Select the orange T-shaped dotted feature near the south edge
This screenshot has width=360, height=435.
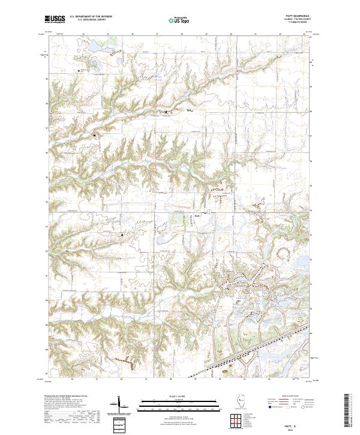coord(127,361)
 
